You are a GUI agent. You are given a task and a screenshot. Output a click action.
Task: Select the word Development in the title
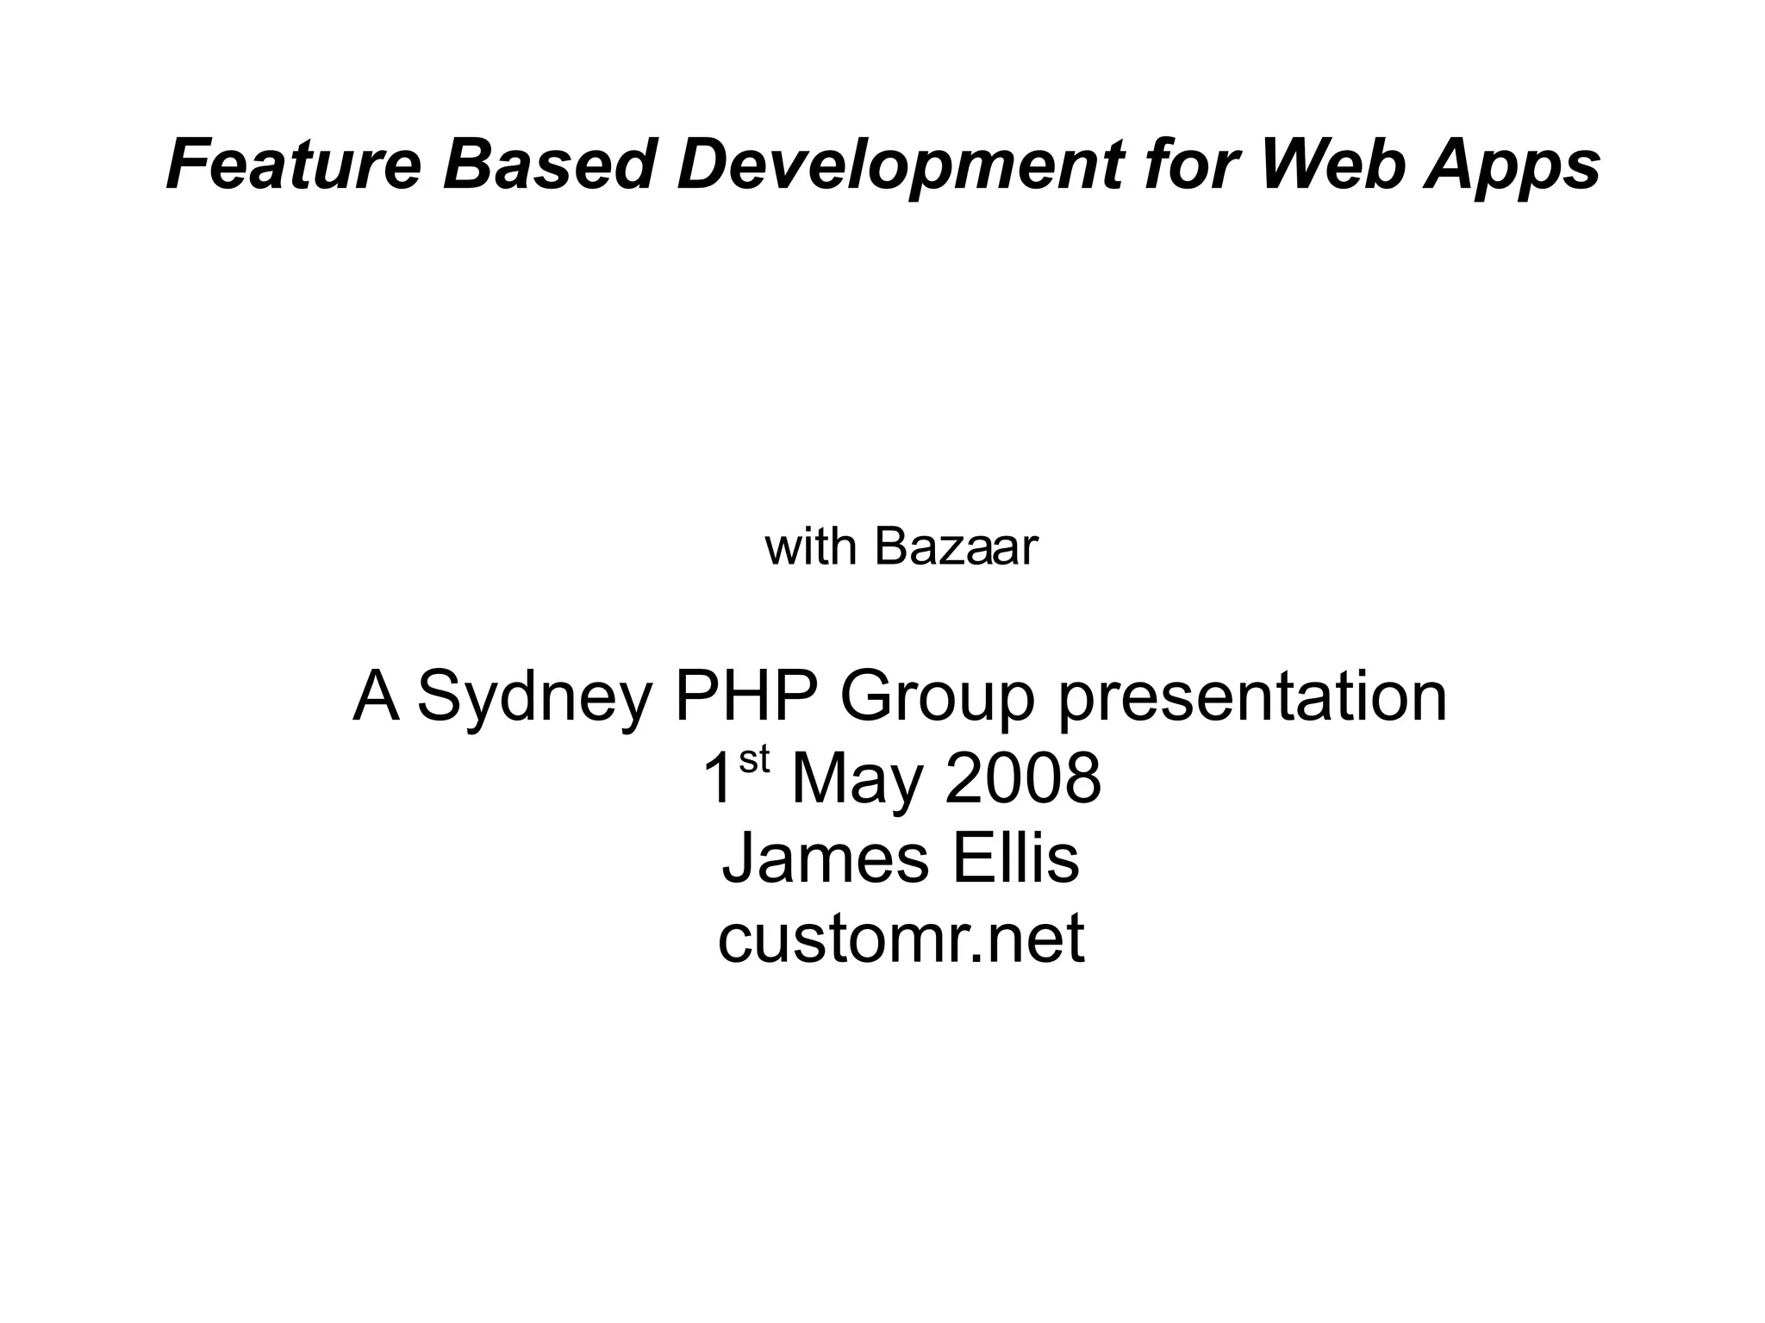[x=901, y=165]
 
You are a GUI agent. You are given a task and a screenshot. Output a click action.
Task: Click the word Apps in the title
[x=1512, y=165]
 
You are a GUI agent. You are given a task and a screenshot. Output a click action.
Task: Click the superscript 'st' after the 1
[x=753, y=760]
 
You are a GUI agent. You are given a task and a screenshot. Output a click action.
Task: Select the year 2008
[x=1023, y=778]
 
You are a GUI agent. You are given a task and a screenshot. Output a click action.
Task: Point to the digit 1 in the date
[x=717, y=778]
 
